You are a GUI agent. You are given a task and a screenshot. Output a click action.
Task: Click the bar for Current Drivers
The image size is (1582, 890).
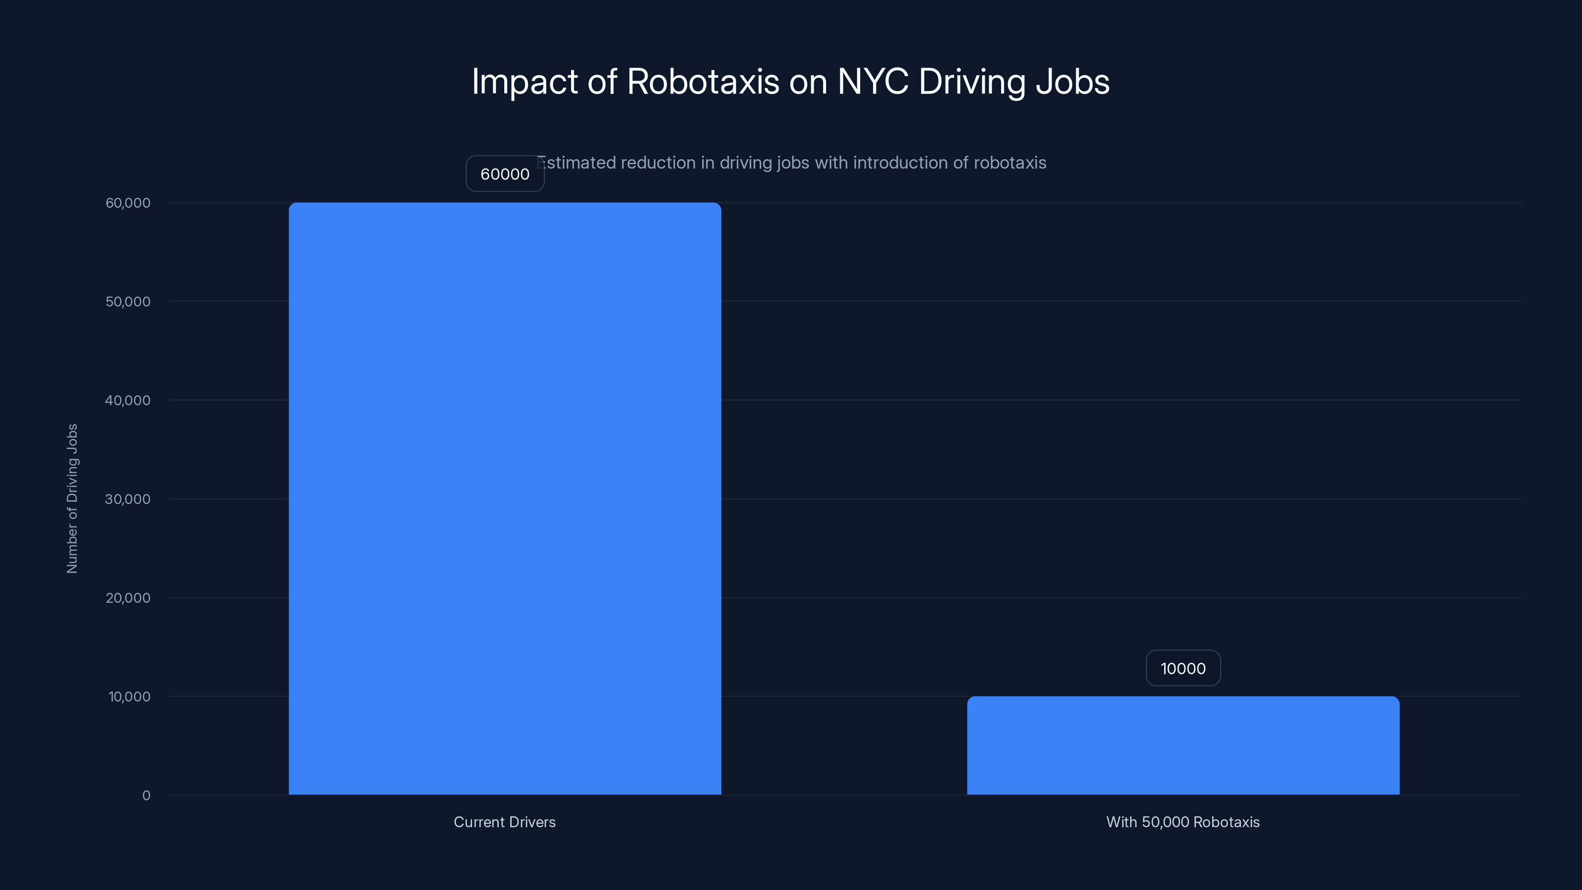point(505,498)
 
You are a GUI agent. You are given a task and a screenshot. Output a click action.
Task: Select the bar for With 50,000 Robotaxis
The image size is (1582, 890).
point(1183,745)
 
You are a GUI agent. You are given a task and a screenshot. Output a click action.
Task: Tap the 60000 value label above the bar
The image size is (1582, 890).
point(505,174)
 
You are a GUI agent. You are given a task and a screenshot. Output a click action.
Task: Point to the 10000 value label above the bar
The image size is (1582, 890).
point(1183,668)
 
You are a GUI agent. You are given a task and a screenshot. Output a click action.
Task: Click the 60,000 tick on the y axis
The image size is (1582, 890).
point(128,203)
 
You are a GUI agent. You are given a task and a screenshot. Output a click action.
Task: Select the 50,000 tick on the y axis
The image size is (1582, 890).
point(128,302)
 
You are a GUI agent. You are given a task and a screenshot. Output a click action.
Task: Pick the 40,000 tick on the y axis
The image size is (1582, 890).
point(128,400)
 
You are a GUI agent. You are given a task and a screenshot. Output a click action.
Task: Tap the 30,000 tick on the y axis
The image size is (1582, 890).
point(128,499)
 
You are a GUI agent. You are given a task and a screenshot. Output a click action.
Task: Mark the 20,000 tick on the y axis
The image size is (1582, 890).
point(128,598)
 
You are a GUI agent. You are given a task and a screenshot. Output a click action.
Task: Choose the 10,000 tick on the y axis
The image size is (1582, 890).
point(129,697)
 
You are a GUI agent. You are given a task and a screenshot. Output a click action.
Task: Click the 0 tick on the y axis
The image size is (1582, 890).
point(146,796)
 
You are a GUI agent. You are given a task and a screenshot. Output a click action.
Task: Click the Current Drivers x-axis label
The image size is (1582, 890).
point(505,822)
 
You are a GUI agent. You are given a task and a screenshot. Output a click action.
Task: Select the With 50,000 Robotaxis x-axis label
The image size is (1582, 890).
point(1183,822)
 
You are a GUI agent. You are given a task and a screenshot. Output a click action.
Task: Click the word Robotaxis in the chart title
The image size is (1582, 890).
point(703,82)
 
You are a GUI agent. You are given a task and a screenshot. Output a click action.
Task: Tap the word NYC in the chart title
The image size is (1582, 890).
point(873,82)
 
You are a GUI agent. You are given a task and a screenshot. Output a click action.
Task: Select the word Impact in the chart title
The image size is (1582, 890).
point(525,82)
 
